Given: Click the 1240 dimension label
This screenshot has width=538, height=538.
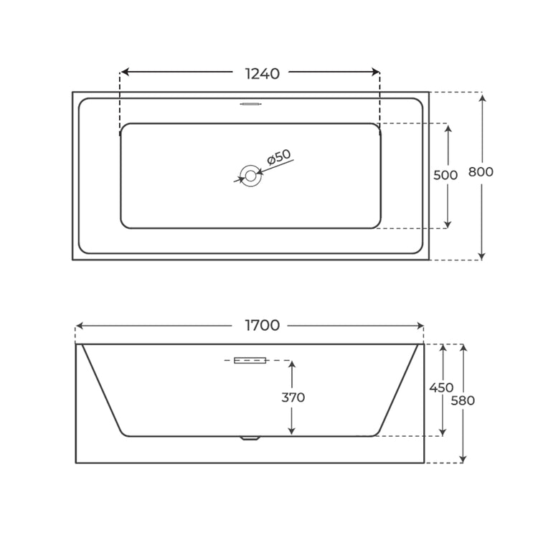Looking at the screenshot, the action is click(x=263, y=74).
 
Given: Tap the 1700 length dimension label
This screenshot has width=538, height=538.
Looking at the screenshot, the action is click(x=263, y=325).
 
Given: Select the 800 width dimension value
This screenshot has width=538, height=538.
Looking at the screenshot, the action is click(x=481, y=171).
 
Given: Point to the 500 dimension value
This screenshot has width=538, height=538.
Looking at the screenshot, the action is click(x=445, y=175).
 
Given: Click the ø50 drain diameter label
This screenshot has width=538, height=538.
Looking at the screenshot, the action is click(x=278, y=157).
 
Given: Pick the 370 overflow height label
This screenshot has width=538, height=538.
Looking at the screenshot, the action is click(x=293, y=397).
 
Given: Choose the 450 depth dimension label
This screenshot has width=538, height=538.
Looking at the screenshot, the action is click(x=441, y=387).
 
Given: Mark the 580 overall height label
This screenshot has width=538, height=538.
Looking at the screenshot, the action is click(x=463, y=400).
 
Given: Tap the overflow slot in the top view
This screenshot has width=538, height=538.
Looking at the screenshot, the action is click(x=251, y=103).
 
